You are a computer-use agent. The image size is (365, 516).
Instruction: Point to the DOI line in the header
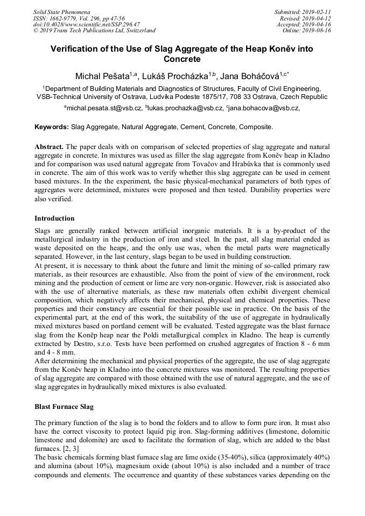point(86,24)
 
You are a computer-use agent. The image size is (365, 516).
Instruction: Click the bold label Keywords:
point(52,128)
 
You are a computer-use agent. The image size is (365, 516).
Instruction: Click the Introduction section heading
point(54,218)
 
